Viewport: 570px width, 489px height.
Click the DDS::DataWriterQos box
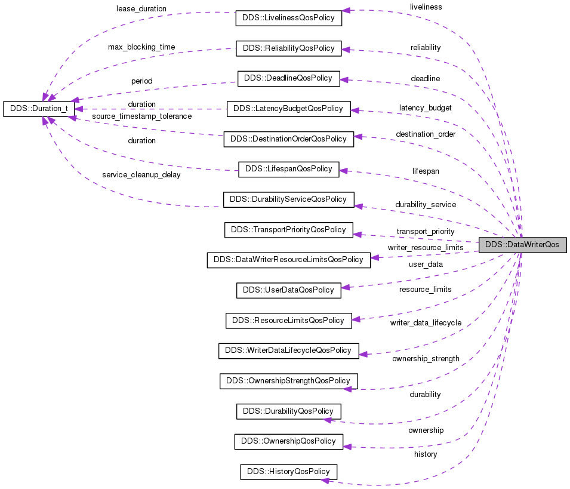[x=522, y=245]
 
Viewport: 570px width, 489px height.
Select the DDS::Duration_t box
[x=39, y=109]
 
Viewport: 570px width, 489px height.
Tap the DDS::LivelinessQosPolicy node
[x=289, y=18]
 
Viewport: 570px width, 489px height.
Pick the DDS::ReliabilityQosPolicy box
[x=289, y=48]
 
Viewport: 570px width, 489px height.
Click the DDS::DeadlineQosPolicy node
[x=289, y=78]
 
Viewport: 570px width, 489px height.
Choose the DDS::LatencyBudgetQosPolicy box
[x=288, y=109]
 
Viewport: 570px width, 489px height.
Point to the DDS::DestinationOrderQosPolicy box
[x=288, y=139]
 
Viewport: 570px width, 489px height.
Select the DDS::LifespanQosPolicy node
[x=289, y=169]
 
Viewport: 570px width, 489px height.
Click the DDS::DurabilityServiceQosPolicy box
[x=288, y=199]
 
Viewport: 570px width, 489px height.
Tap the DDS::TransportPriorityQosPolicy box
[x=288, y=230]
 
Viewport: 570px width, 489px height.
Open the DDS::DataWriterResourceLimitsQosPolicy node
[x=288, y=260]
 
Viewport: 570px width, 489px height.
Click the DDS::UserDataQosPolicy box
[x=289, y=290]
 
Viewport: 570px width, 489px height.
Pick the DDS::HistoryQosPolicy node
[x=289, y=472]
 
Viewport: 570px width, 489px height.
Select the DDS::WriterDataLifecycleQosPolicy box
[x=288, y=350]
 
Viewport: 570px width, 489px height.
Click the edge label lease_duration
[x=141, y=10]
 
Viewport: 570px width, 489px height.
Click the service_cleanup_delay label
[x=141, y=175]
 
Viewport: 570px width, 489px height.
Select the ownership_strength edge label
[x=426, y=359]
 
